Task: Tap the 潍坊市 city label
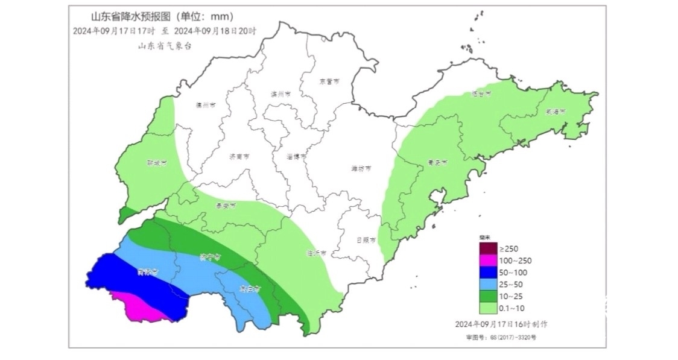[361, 168]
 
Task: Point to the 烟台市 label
[481, 94]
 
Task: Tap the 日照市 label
[366, 239]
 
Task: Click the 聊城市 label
[156, 163]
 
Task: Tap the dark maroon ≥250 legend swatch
[487, 248]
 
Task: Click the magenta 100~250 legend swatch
[487, 261]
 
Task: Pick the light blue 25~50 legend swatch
[487, 284]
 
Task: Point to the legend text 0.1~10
[513, 308]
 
